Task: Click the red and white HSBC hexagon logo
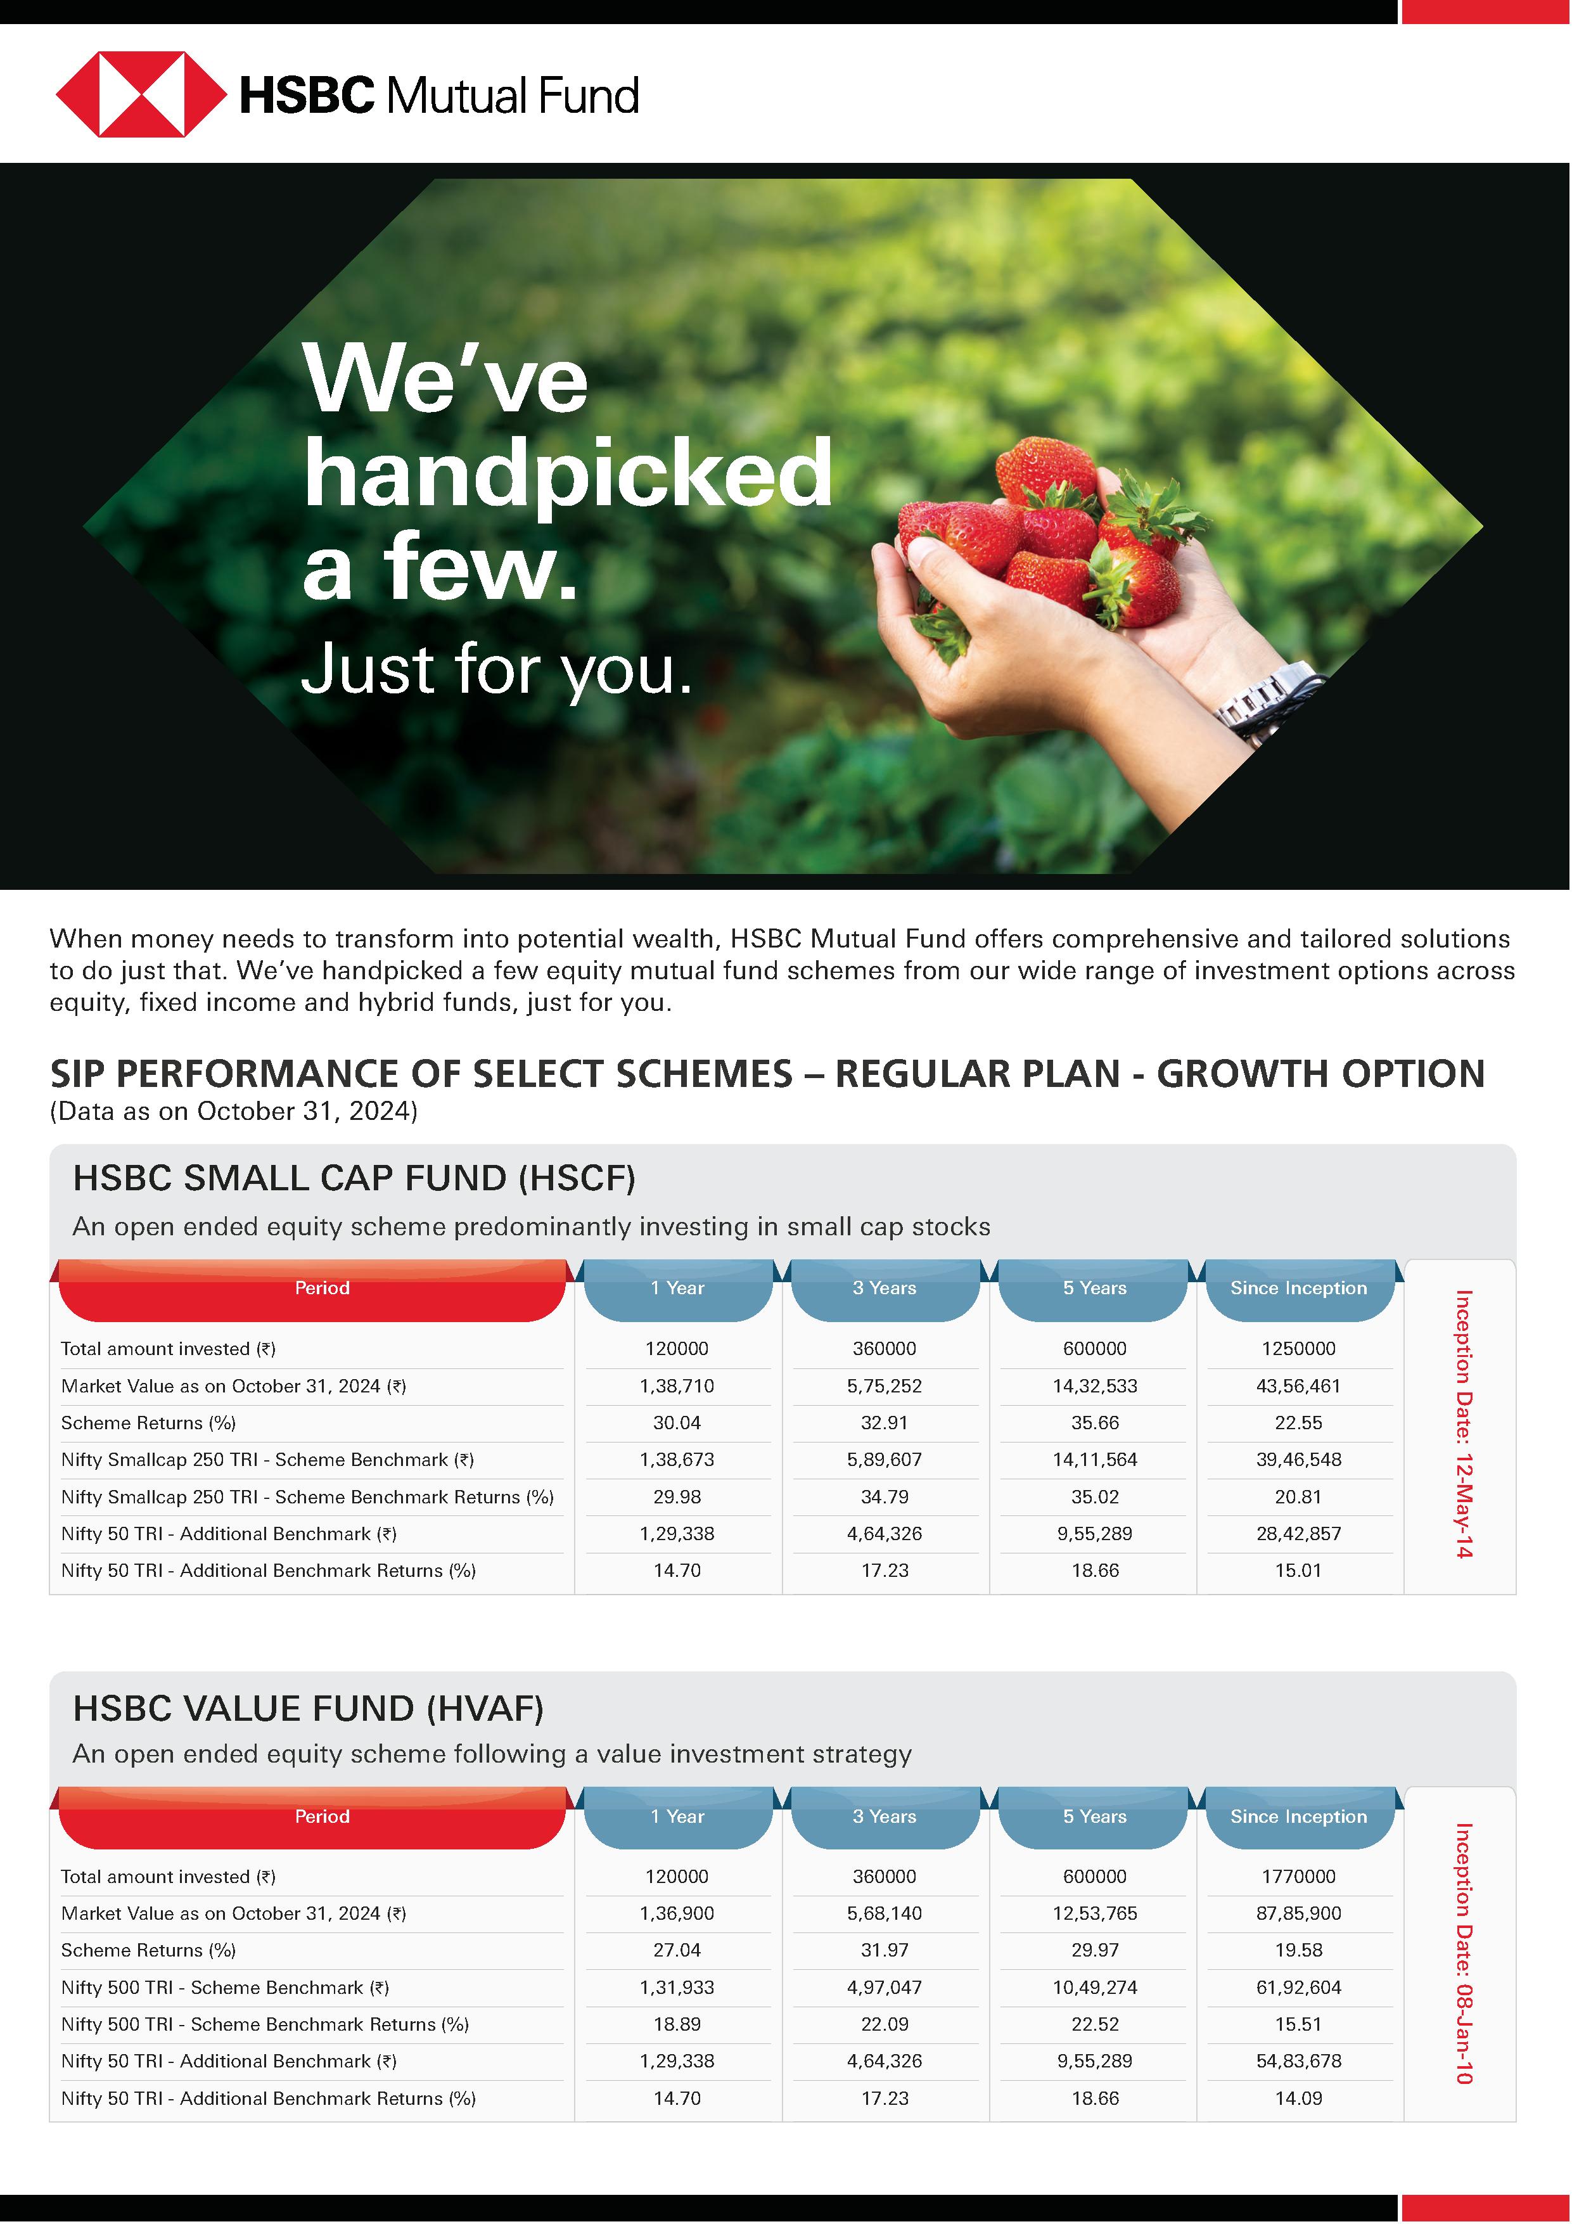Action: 141,94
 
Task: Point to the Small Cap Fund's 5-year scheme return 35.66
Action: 1094,1423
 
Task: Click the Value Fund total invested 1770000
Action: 1298,1876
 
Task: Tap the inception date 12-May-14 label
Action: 1464,1424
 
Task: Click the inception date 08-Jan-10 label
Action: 1464,1953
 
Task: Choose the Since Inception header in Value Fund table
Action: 1298,1816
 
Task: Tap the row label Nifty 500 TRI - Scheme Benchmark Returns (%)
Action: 264,2024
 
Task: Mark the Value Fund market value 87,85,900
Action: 1298,1913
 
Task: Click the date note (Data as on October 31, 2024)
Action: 233,1111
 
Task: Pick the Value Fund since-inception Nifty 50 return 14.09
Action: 1298,2098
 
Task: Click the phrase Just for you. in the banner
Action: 497,669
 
